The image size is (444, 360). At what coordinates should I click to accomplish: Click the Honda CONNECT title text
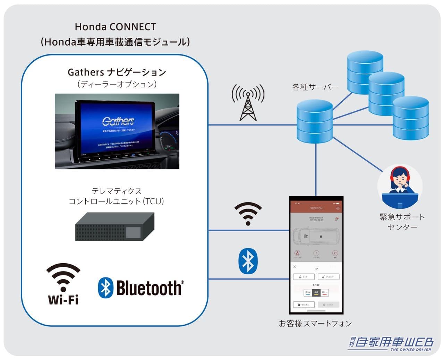tap(116, 27)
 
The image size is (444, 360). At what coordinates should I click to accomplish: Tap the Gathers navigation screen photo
tap(117, 131)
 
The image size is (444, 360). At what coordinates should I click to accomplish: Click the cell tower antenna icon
tap(248, 103)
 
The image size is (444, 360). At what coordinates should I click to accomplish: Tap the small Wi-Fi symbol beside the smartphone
tap(248, 214)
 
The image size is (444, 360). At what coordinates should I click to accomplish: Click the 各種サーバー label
tap(315, 87)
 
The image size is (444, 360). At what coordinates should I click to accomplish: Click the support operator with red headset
tap(400, 186)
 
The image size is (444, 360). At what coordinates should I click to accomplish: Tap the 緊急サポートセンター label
tap(402, 222)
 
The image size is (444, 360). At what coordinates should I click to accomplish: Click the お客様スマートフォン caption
tap(315, 324)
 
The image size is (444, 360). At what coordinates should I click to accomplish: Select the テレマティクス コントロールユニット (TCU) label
tap(116, 196)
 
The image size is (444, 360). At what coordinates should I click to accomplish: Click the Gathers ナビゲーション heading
tap(117, 72)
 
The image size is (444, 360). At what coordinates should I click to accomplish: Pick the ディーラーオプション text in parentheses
tap(117, 84)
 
